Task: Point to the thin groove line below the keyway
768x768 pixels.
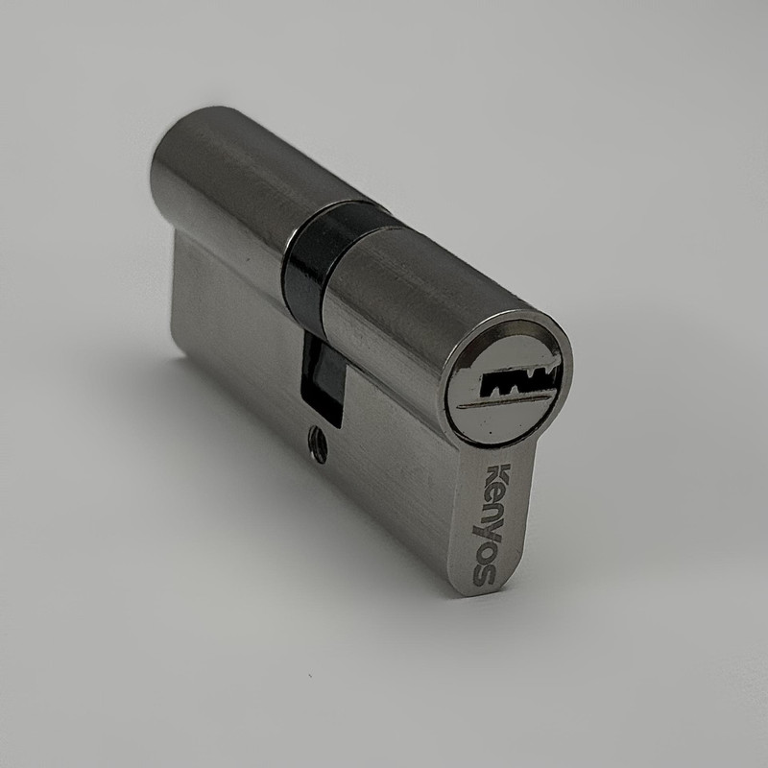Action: [x=507, y=399]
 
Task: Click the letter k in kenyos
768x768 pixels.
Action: [x=498, y=476]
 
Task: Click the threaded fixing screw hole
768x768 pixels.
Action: [x=318, y=444]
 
